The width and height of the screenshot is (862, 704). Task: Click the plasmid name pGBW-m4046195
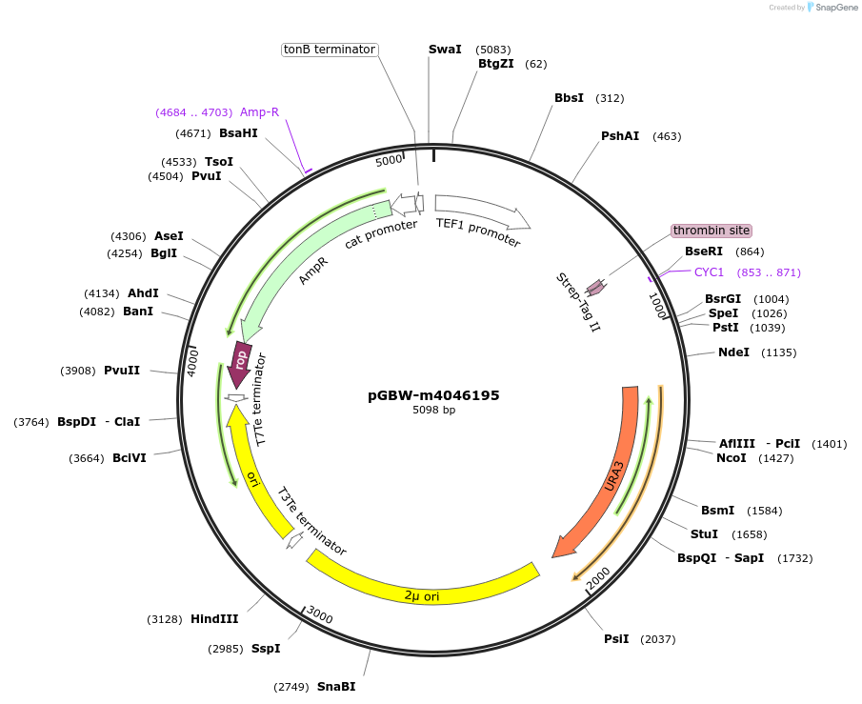[433, 395]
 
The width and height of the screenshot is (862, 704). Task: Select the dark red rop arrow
[241, 361]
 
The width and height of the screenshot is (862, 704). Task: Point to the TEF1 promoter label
[478, 232]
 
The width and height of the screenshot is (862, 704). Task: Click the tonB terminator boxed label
[331, 50]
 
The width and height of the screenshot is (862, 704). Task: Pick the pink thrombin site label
[712, 231]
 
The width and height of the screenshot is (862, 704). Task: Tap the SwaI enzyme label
[445, 49]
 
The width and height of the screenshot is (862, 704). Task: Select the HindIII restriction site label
[214, 619]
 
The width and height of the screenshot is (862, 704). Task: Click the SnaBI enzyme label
[336, 687]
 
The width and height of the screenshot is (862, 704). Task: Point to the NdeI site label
[733, 352]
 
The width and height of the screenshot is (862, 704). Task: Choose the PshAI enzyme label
[620, 136]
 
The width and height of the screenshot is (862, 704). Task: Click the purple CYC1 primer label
[710, 272]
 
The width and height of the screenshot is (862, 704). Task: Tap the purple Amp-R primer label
[259, 112]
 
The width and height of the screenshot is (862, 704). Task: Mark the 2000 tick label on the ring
[597, 577]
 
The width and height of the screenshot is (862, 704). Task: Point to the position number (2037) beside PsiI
[657, 639]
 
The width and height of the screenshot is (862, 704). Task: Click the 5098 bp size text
[433, 411]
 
